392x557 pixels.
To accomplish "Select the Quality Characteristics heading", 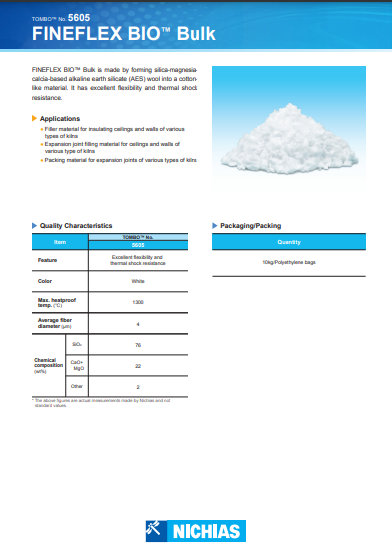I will pos(76,226).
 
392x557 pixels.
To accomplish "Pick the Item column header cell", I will pos(60,241).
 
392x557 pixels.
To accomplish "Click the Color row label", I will pos(44,281).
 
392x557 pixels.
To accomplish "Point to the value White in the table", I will pos(137,281).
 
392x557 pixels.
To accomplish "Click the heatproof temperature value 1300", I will pos(137,301).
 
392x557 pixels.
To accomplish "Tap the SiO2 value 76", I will pos(137,344).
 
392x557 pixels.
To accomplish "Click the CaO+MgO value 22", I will pos(137,365).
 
